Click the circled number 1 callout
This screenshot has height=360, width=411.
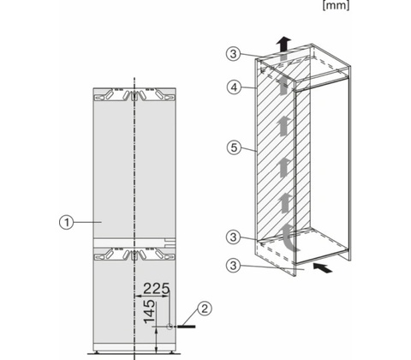tap(67, 222)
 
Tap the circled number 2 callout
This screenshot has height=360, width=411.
tap(205, 309)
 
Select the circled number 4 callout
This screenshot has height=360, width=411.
tap(234, 87)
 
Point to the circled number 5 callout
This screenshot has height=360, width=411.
tap(234, 147)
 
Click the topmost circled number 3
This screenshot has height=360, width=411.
tap(234, 53)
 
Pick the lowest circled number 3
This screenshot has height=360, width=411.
tap(234, 266)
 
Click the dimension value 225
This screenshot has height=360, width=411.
tap(156, 289)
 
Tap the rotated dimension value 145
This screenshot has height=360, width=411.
tap(150, 312)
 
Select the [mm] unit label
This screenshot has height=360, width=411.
tap(336, 5)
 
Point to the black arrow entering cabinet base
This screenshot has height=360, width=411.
tap(323, 268)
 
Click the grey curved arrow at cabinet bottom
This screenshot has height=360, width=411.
tap(289, 237)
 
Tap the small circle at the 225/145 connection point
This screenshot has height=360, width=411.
tap(170, 327)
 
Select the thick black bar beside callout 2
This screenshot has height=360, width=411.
tap(187, 327)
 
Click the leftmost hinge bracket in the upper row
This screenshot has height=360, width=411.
tap(103, 95)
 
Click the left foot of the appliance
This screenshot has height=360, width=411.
tap(98, 352)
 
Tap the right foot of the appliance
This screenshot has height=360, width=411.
tap(171, 352)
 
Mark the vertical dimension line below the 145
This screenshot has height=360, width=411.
tap(156, 340)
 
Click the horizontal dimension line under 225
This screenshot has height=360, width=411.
tap(152, 296)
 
